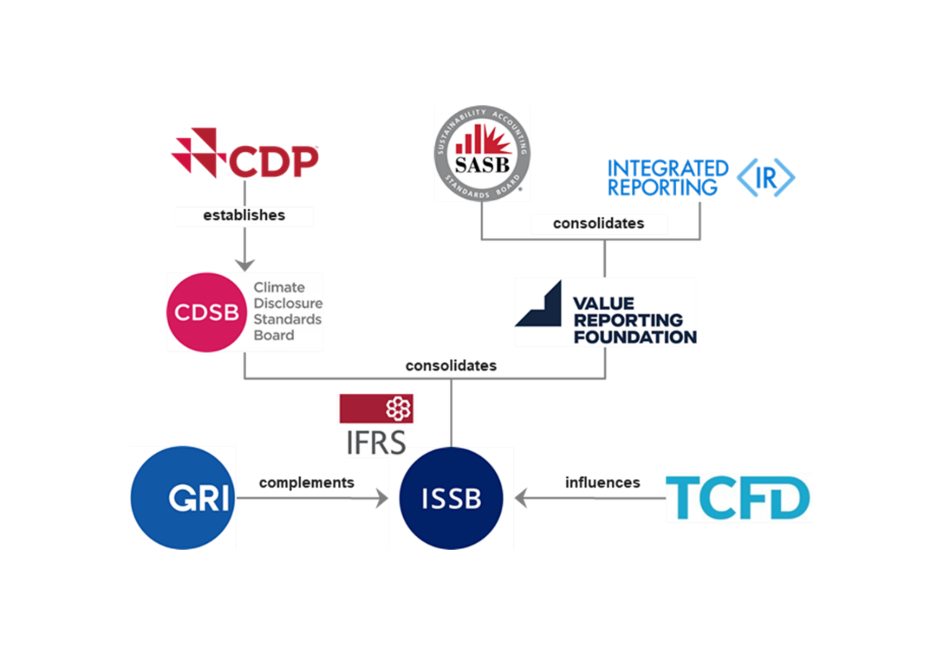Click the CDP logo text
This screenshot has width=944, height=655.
[x=274, y=161]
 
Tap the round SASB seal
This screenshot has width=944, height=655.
[x=482, y=154]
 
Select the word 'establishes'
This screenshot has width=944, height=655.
[x=244, y=216]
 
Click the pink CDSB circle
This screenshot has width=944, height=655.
[x=206, y=312]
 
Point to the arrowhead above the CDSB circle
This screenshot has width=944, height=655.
[x=244, y=265]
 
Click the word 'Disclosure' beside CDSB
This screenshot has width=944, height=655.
[x=288, y=303]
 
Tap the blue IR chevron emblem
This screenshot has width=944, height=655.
[x=766, y=178]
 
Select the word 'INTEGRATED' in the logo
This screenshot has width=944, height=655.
[x=668, y=169]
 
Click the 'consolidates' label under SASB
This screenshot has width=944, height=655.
[x=598, y=223]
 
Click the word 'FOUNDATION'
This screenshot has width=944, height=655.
[x=635, y=337]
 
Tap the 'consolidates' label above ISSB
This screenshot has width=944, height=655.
[x=451, y=365]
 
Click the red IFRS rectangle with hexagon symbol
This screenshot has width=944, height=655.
[x=376, y=408]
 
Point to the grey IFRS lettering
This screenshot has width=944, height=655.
[x=376, y=443]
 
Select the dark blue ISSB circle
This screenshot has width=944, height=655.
[x=451, y=498]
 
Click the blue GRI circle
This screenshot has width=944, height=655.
[x=182, y=497]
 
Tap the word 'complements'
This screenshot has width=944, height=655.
[x=306, y=483]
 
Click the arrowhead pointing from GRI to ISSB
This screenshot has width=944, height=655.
[x=382, y=498]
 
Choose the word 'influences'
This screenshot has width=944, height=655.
[x=603, y=483]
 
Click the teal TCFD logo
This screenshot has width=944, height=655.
[x=737, y=497]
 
